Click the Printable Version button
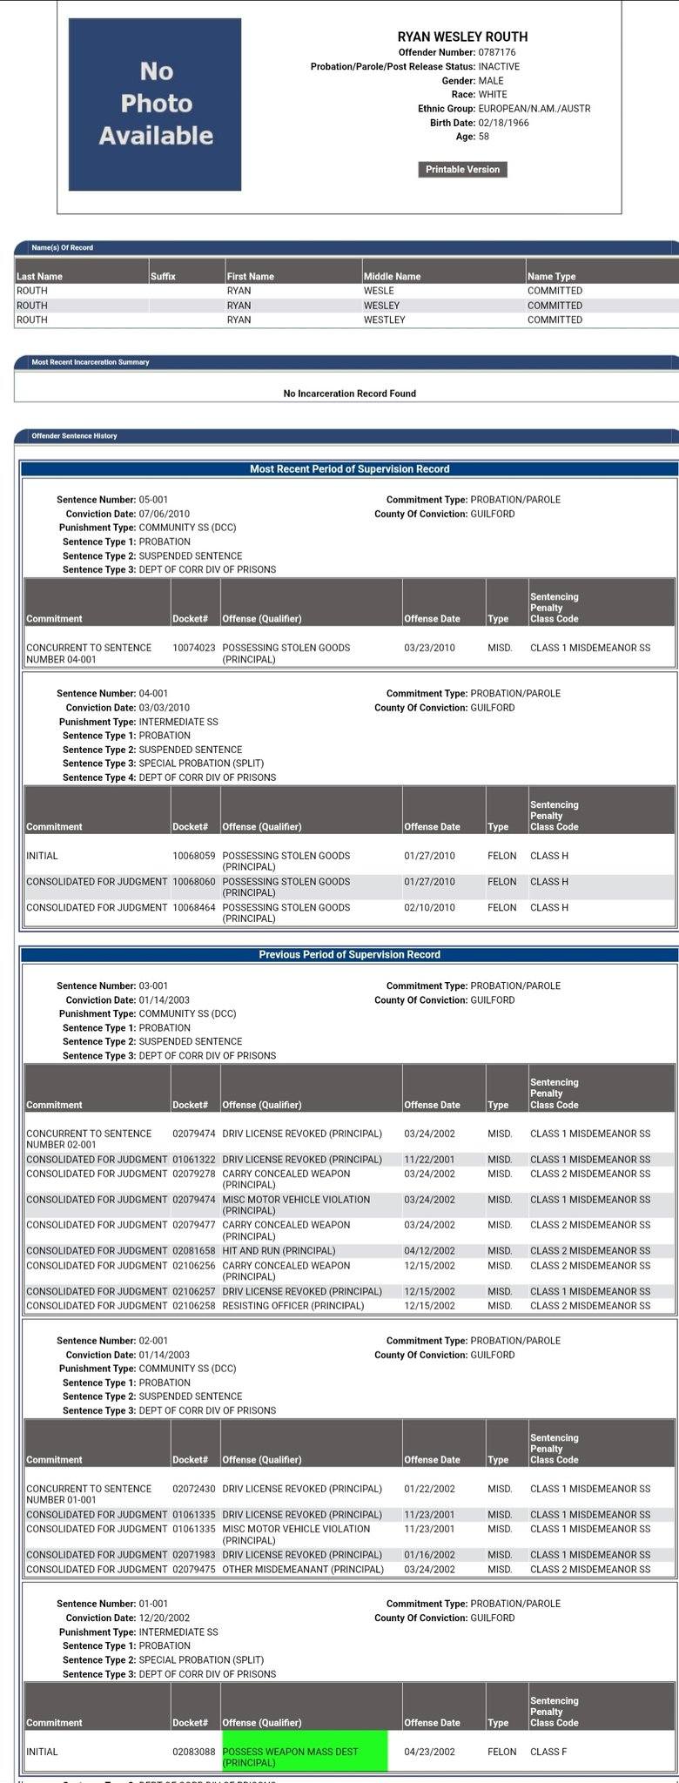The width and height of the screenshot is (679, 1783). point(462,170)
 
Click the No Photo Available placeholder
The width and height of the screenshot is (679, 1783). point(155,104)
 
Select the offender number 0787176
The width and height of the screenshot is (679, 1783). point(496,53)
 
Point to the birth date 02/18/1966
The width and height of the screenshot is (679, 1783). point(503,123)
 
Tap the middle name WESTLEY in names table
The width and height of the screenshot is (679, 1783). point(384,320)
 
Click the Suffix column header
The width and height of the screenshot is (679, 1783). point(163,277)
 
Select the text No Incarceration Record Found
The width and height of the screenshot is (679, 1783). point(349,394)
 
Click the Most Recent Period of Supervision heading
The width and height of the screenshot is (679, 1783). point(349,469)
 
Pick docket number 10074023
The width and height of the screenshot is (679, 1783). point(193,648)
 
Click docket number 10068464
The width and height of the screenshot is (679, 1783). point(193,908)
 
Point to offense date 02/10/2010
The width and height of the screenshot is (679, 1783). point(429,908)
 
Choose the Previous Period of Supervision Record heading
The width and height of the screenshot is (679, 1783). point(349,955)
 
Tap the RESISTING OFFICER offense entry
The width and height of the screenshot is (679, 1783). point(292,1306)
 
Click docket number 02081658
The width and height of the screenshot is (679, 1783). point(193,1251)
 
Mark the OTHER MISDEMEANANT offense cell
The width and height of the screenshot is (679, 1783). point(302,1570)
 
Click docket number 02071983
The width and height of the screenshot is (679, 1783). point(193,1555)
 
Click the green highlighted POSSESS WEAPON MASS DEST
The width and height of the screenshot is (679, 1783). point(303,1757)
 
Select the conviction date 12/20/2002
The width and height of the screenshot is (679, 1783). point(165,1618)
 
